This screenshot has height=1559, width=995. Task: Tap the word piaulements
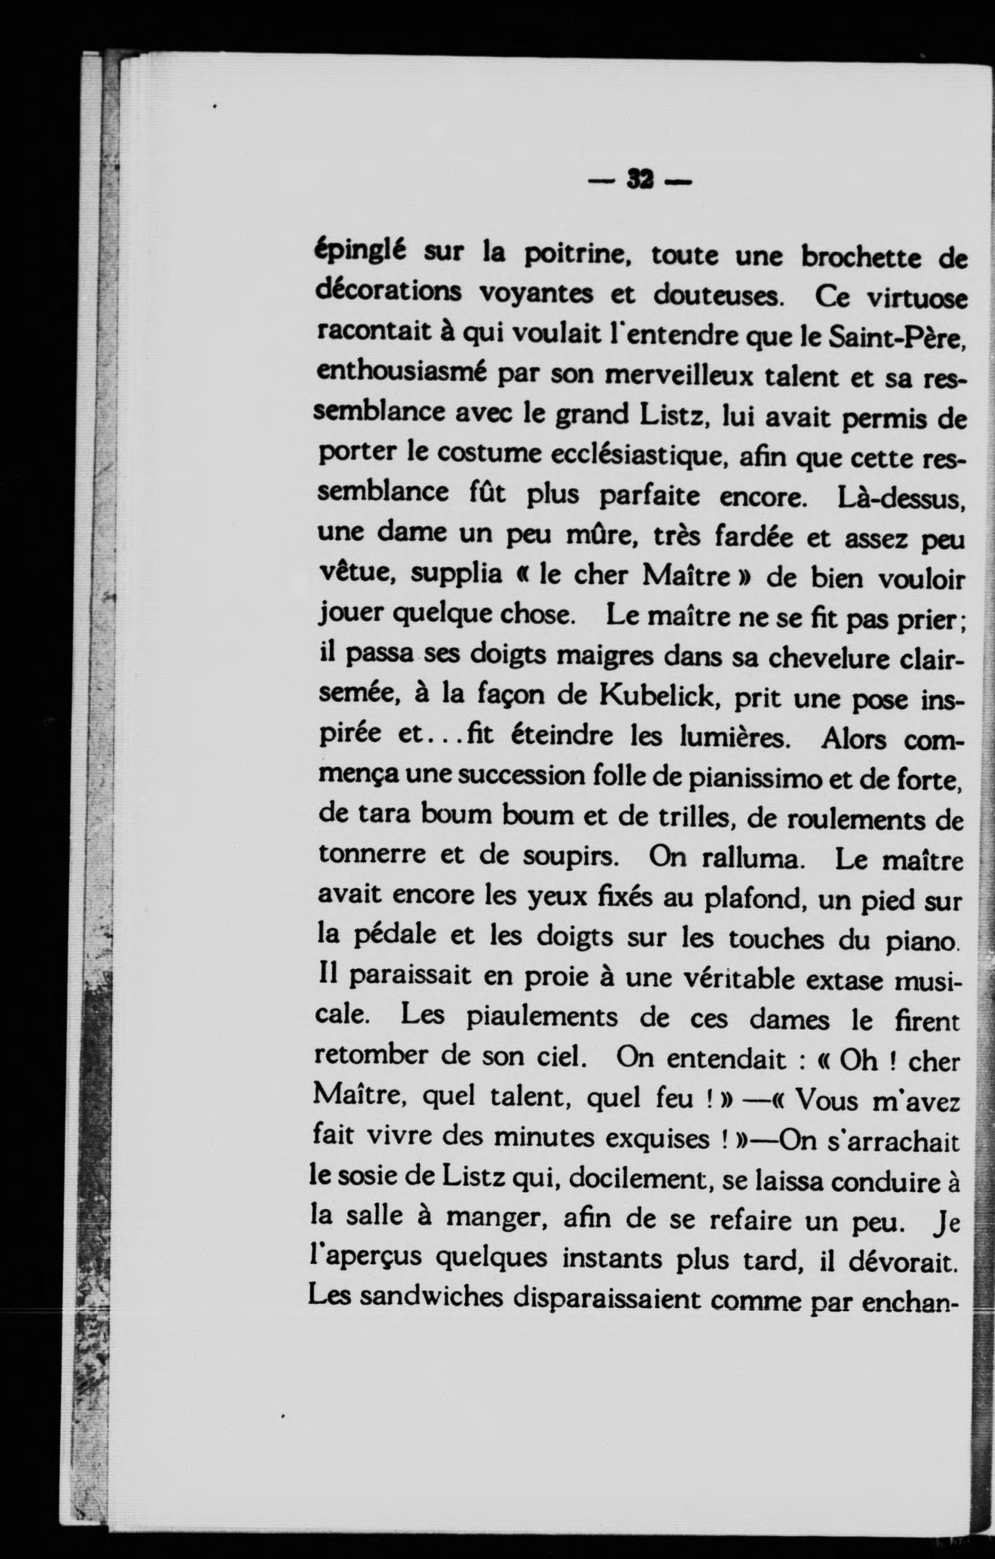point(542,1015)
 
